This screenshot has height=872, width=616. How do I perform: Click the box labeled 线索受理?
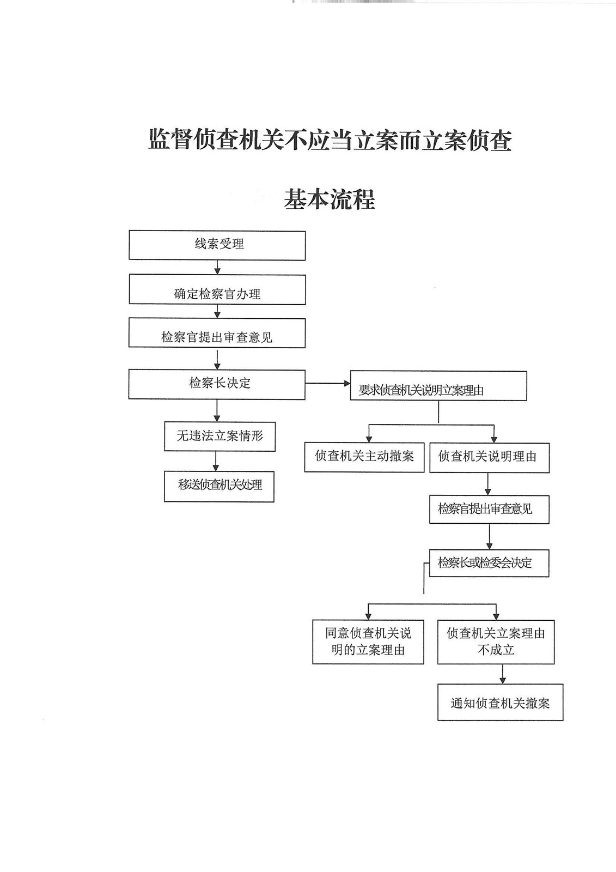point(217,245)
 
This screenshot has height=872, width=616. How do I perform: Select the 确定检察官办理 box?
point(217,289)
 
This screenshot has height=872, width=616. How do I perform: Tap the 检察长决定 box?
point(217,384)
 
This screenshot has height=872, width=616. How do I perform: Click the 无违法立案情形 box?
point(219,437)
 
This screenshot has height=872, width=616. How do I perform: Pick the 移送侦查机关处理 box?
point(219,486)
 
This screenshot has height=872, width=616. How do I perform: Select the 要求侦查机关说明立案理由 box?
point(438,386)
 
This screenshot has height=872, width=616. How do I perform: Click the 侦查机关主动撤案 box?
point(364,457)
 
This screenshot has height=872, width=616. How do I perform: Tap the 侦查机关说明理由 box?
point(489,458)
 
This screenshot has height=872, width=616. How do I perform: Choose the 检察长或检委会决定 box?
point(489,563)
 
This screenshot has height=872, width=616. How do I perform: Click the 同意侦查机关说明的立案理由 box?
point(368,641)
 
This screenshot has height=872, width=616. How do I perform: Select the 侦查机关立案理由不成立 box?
point(496,641)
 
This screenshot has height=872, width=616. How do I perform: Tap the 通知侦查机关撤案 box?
point(500,703)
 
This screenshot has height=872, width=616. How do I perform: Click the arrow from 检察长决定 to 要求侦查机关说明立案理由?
point(327,384)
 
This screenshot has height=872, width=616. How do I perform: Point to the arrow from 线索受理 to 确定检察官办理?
point(217,267)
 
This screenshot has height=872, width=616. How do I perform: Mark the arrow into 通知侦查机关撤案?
point(502,674)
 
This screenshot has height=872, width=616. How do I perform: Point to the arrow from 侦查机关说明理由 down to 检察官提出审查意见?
point(488,484)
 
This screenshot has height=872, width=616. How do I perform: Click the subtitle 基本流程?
point(329,199)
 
